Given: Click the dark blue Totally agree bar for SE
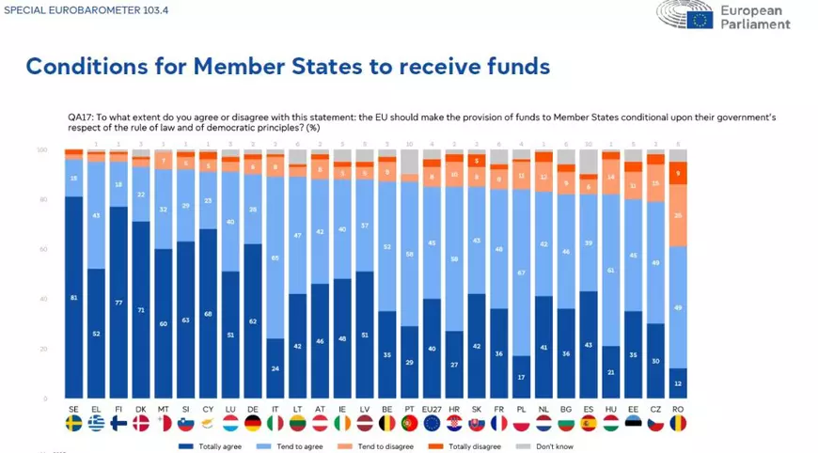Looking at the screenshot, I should [x=73, y=297].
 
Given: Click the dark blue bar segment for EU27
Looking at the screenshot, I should [x=432, y=349].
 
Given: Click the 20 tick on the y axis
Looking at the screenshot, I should [x=42, y=350].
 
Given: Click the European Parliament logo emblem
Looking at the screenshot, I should [x=700, y=17].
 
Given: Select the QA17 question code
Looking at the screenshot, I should [x=79, y=117].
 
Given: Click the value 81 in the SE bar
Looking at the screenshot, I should [x=73, y=298].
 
